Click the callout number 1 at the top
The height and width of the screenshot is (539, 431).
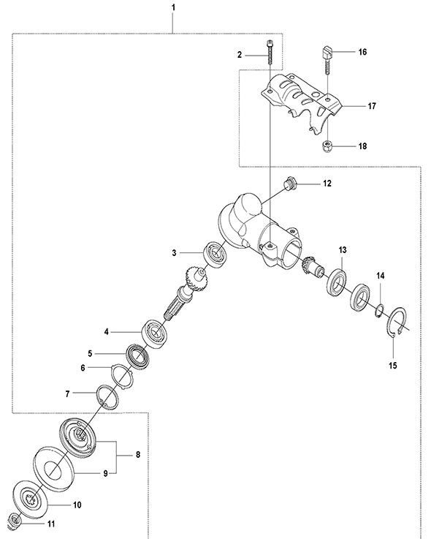pos(173,7)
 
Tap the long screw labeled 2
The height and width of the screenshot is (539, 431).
pos(270,52)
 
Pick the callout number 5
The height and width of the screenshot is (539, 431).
pos(90,353)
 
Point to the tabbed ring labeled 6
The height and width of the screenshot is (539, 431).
pos(122,377)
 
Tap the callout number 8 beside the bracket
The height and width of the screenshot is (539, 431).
pos(138,455)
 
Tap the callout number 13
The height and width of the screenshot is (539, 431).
pos(343,250)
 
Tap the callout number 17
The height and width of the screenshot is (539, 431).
pos(372,106)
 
